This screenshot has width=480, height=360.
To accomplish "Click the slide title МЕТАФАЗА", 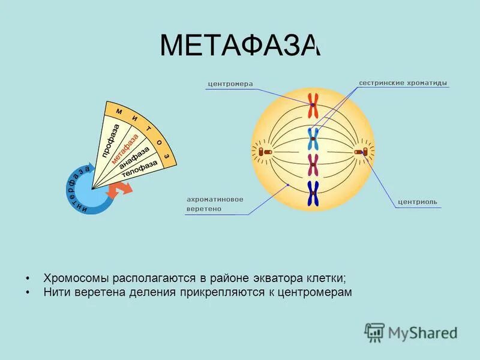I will pyautogui.click(x=240, y=47).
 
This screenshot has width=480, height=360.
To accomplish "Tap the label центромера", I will pyautogui.click(x=230, y=84).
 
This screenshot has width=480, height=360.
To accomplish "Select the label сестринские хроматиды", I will pyautogui.click(x=403, y=83).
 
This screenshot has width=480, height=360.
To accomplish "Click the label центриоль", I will pyautogui.click(x=418, y=202).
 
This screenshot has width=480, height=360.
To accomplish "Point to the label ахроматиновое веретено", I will pyautogui.click(x=215, y=204).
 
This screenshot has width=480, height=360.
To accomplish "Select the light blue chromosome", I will pyautogui.click(x=313, y=139).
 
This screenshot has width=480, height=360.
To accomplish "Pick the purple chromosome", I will pyautogui.click(x=313, y=164).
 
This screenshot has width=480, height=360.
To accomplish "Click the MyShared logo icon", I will pyautogui.click(x=374, y=331).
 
